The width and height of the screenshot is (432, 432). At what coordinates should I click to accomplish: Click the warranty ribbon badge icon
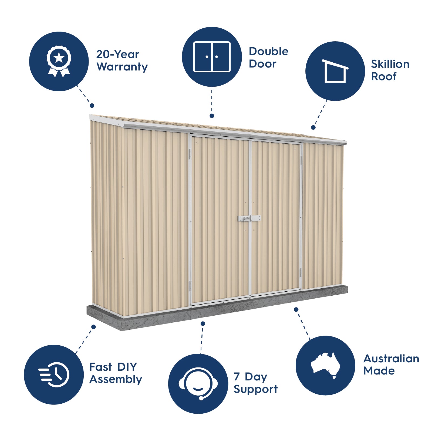[59, 61]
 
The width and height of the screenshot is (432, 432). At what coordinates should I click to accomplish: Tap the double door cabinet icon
[212, 57]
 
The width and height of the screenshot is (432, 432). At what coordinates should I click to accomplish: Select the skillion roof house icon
[335, 71]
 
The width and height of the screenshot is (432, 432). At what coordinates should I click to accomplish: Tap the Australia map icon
[325, 365]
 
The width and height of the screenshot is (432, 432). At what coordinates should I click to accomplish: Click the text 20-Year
[118, 55]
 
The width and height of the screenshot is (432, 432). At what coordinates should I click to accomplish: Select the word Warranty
[122, 67]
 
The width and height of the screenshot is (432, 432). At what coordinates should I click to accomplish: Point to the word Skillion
[390, 64]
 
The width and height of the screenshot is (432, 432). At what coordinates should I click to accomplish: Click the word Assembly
[116, 380]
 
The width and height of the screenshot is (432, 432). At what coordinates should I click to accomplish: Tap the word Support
[256, 389]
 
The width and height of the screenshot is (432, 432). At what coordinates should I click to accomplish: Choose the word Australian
[391, 359]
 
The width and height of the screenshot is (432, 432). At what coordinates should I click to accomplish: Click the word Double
[269, 51]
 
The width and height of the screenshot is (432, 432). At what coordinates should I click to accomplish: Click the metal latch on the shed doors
[249, 218]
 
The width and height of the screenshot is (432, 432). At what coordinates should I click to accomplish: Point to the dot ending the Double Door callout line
[212, 116]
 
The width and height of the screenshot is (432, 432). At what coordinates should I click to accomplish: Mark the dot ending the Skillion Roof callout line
[313, 127]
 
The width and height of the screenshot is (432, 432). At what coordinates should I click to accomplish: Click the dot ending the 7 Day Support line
[203, 323]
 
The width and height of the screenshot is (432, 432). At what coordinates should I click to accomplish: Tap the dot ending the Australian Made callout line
[296, 309]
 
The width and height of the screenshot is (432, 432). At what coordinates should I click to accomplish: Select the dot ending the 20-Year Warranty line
[92, 106]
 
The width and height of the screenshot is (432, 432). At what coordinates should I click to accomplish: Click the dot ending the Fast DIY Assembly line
[93, 327]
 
